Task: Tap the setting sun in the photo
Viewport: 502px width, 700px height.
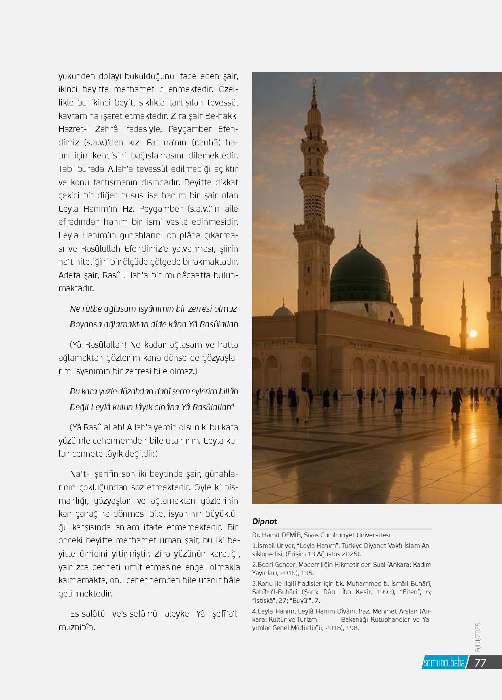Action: pos(473,334)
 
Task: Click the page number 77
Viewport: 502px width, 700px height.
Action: pos(480,662)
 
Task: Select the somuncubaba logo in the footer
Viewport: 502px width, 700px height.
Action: pos(443,663)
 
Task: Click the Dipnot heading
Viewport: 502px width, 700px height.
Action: pos(264,521)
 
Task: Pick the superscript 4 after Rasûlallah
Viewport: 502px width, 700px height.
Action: pos(233,405)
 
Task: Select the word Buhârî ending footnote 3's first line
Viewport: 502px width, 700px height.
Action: pos(419,583)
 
